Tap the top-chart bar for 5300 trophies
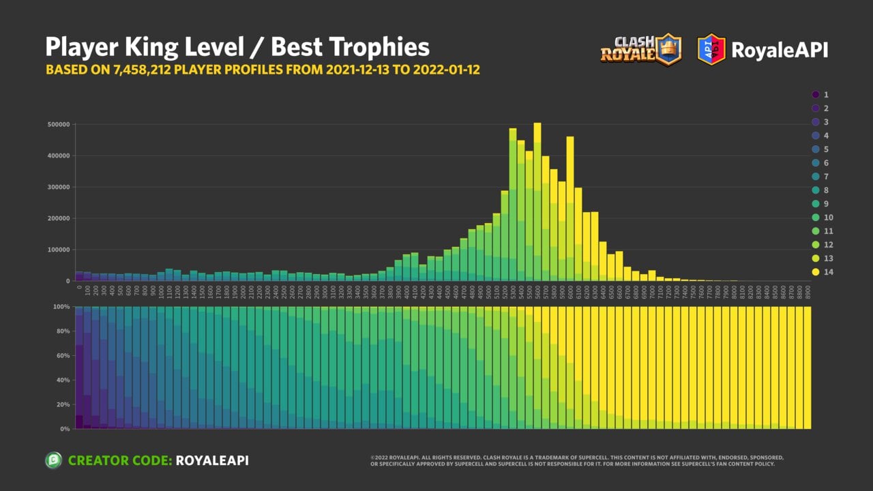[x=513, y=205]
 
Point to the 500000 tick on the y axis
[x=59, y=124]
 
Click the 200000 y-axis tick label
[x=59, y=218]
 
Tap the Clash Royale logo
[x=641, y=50]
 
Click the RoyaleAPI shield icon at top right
[x=711, y=50]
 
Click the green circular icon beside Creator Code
[x=53, y=460]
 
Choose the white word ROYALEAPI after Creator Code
[x=212, y=460]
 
